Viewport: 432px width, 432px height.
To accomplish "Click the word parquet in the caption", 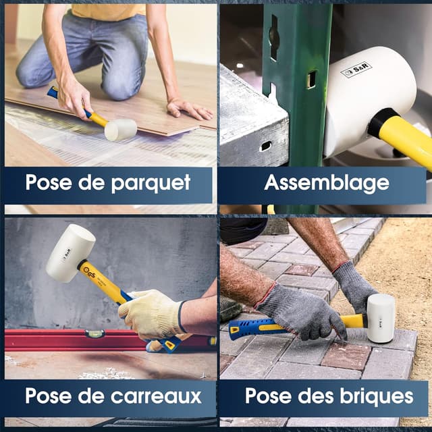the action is pyautogui.click(x=151, y=183).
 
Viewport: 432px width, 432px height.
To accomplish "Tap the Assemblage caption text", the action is pyautogui.click(x=327, y=183).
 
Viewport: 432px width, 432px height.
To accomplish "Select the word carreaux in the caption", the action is pyautogui.click(x=156, y=396).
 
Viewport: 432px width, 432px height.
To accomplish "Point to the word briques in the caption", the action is pyautogui.click(x=376, y=396).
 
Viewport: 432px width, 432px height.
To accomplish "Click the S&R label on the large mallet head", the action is pyautogui.click(x=356, y=69).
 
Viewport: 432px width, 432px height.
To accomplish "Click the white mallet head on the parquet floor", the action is pyautogui.click(x=120, y=130).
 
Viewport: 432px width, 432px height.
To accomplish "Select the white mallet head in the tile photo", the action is pyautogui.click(x=70, y=252).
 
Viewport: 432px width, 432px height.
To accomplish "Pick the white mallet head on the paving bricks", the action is pyautogui.click(x=381, y=318).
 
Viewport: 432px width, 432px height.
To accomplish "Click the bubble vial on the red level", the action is pyautogui.click(x=94, y=333).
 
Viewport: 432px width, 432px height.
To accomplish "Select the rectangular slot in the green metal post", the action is pyautogui.click(x=312, y=80).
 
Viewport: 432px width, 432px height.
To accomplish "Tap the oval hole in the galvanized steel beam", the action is pyautogui.click(x=265, y=146).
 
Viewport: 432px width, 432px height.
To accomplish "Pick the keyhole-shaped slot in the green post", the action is pyautogui.click(x=274, y=37).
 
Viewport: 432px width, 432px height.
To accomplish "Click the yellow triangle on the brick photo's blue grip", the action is pyautogui.click(x=234, y=329).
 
